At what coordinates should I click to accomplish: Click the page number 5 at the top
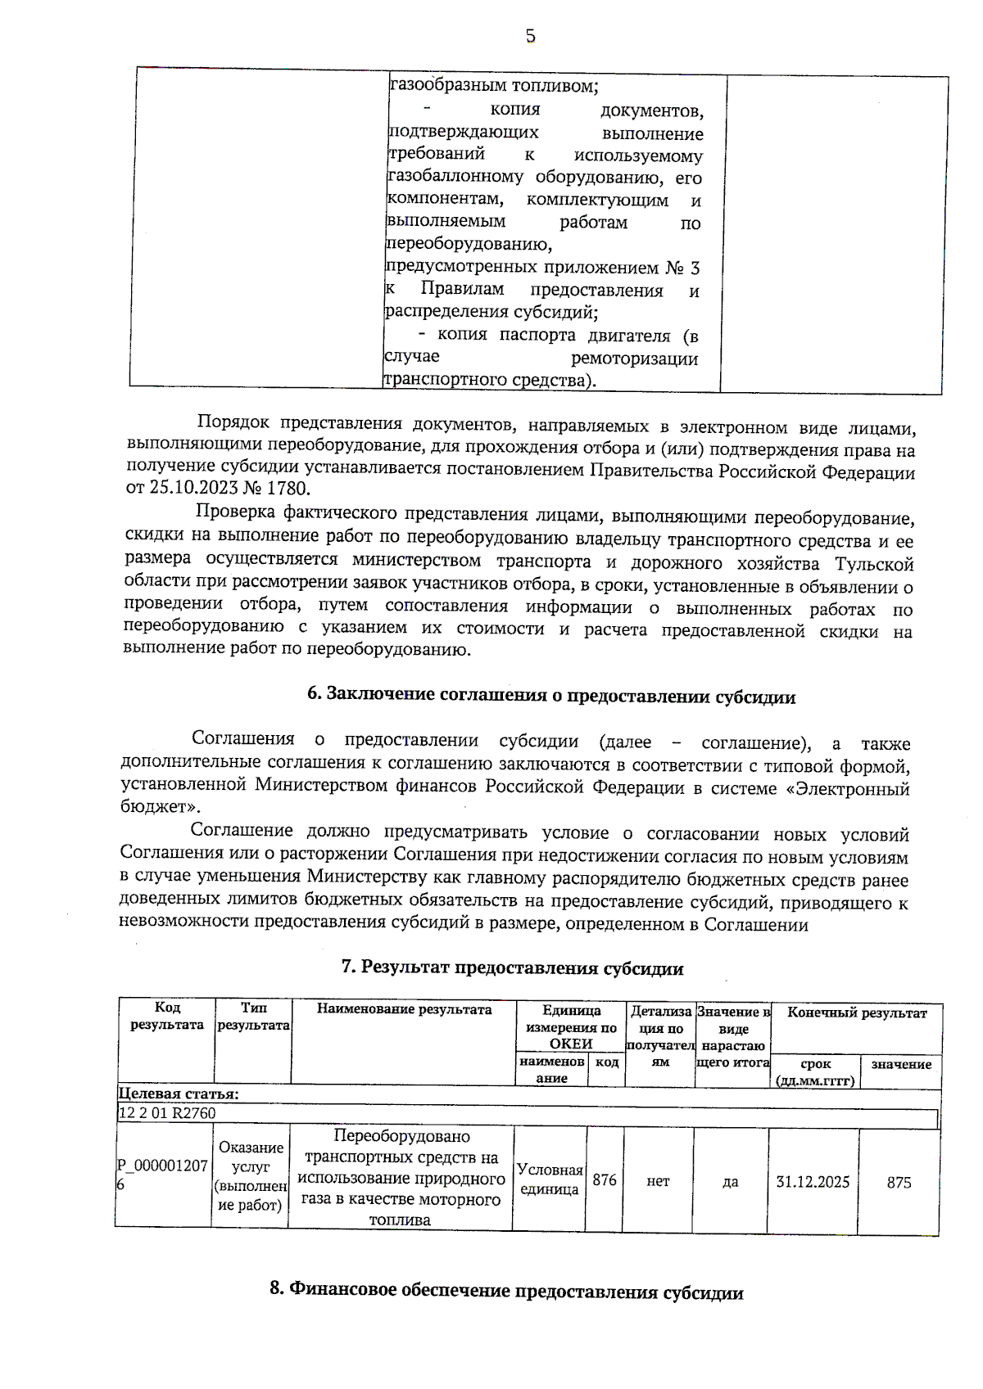tap(530, 36)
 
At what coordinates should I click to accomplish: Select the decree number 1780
tap(288, 489)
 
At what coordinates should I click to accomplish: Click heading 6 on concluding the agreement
tap(551, 696)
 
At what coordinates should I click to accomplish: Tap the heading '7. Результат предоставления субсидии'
tap(512, 968)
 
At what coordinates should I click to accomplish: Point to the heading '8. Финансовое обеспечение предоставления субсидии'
tap(506, 1292)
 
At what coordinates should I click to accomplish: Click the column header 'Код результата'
tap(167, 1016)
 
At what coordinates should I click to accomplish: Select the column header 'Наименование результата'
tap(404, 1009)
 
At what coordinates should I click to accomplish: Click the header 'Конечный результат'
tap(857, 1012)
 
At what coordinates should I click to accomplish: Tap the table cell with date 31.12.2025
tap(813, 1182)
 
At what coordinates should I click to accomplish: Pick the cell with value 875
tap(899, 1182)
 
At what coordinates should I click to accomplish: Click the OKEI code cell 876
tap(605, 1180)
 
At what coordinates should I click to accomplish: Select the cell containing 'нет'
tap(658, 1181)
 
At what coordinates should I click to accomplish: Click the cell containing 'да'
tap(730, 1182)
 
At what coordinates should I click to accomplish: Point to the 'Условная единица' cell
tap(550, 1179)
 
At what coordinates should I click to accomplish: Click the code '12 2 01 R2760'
tap(167, 1113)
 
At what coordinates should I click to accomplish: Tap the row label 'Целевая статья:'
tap(179, 1094)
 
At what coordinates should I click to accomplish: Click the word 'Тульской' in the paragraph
tap(874, 565)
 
